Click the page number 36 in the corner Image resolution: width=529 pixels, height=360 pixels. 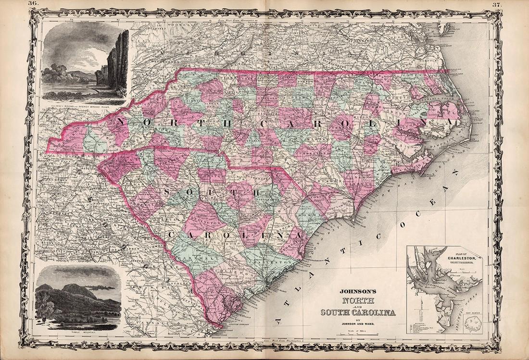coord(33,3)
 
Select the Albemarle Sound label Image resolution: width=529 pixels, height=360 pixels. coord(433,101)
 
